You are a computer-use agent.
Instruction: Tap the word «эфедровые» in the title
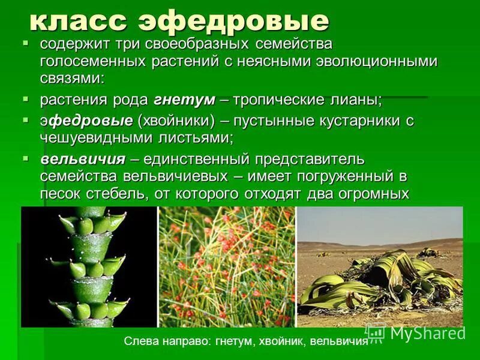[234, 22]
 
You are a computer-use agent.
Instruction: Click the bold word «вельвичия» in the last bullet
[83, 159]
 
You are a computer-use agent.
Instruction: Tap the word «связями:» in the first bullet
[73, 78]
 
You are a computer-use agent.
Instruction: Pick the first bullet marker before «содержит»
[26, 44]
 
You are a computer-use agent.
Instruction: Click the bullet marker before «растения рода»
[26, 98]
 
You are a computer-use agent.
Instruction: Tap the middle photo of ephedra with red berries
[227, 267]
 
